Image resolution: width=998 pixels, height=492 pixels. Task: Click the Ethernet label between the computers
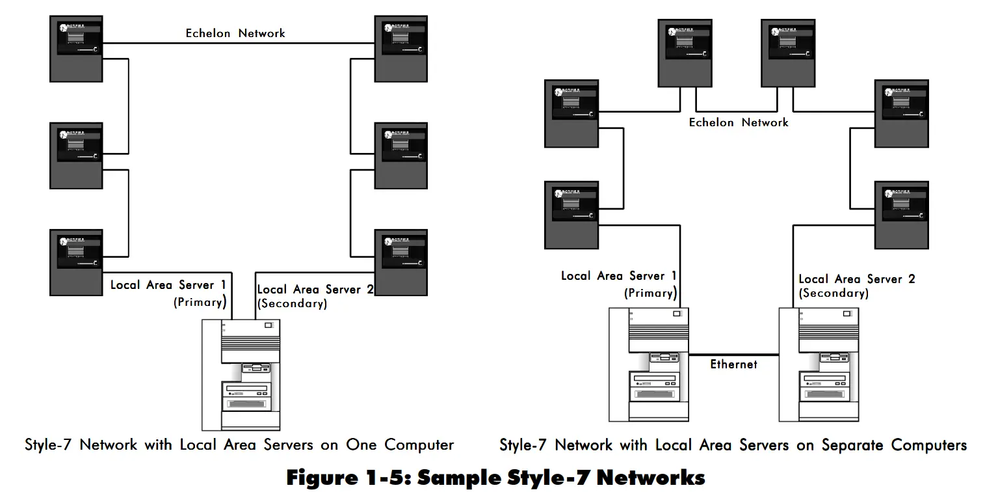pos(733,364)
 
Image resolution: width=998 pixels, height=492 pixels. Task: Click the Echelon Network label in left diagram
pos(235,33)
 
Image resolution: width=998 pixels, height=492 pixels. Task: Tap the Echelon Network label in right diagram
pos(739,122)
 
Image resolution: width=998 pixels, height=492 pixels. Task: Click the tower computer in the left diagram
pos(241,374)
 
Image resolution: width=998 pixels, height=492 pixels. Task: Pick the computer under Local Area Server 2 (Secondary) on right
pos(819,364)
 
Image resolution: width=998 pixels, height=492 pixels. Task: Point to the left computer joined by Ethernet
pos(649,364)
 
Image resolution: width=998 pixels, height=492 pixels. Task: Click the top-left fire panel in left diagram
pos(77,49)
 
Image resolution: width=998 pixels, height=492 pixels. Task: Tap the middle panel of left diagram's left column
pos(77,156)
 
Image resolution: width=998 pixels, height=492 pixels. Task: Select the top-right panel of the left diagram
pos(401,49)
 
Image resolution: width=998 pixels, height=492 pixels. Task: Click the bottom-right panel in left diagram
pos(401,262)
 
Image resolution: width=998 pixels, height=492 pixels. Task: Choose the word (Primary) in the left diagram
pos(200,302)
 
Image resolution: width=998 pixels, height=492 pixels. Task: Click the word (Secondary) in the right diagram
pos(834,294)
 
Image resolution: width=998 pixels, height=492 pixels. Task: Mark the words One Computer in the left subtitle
pos(400,445)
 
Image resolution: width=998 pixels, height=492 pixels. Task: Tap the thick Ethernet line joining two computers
pos(733,355)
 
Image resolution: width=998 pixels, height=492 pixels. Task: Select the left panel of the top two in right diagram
pos(685,53)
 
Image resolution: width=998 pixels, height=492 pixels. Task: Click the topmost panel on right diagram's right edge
pos(901,113)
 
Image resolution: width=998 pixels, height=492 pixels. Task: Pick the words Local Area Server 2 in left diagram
pos(315,290)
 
